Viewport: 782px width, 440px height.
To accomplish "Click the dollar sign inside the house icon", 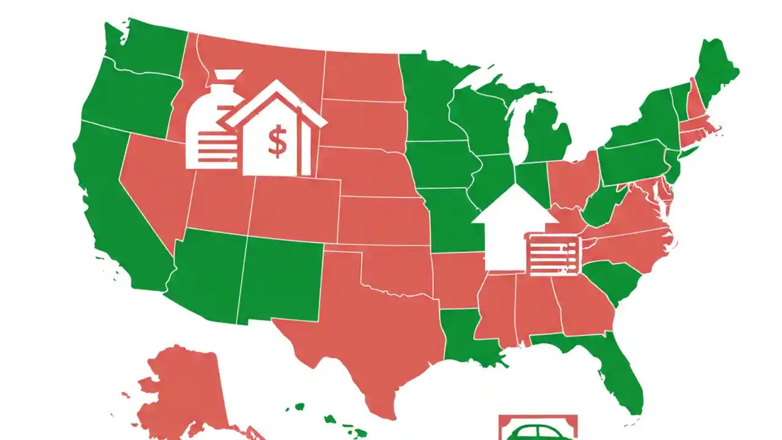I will [x=277, y=142].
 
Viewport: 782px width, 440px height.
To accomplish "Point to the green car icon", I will [x=538, y=431].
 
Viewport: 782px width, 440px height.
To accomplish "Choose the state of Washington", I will [x=144, y=46].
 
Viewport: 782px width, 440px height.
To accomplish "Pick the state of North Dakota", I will [x=360, y=76].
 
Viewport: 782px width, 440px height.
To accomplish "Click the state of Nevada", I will [x=156, y=183].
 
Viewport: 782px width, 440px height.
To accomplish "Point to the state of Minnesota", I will [x=428, y=98].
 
